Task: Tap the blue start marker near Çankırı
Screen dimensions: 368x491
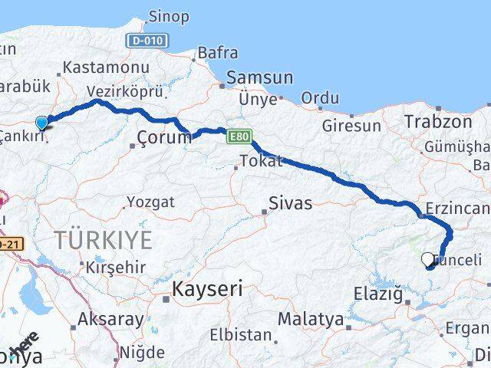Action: [42, 123]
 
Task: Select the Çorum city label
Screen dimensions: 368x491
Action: [163, 137]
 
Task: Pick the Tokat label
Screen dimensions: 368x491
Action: [261, 161]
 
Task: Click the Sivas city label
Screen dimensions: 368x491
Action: [290, 203]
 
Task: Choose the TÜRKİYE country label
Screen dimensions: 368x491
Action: [103, 239]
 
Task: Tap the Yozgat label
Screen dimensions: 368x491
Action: [149, 202]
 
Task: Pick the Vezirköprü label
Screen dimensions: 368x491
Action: [125, 90]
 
